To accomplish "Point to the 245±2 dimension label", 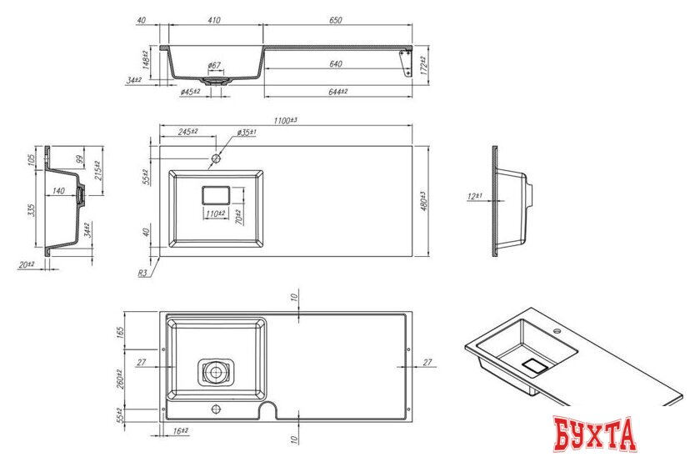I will (189, 132).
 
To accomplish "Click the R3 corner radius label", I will (143, 272).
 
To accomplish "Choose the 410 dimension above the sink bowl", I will (215, 19).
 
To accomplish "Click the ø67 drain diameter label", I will (213, 64).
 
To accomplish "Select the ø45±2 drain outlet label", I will (190, 91).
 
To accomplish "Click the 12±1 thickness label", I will (475, 196).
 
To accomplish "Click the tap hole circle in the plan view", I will (216, 158).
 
